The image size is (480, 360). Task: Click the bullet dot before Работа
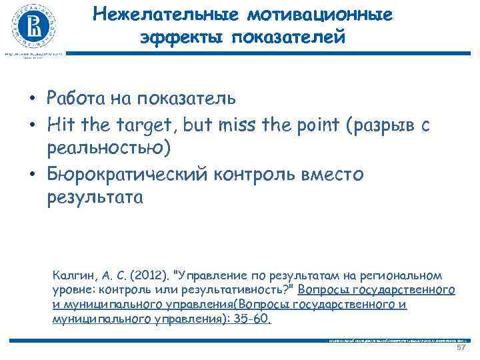click(x=31, y=99)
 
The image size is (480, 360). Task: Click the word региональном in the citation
click(x=405, y=275)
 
